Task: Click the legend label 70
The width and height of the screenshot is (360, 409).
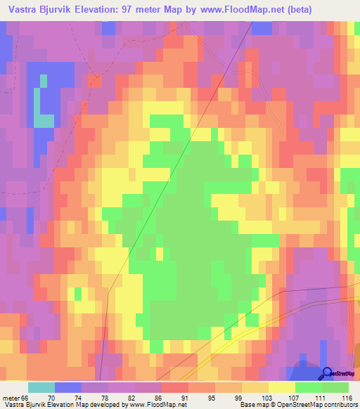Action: pos(49,398)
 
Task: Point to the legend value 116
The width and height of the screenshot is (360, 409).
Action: pos(347,398)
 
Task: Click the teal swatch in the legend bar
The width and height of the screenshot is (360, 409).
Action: pos(41,387)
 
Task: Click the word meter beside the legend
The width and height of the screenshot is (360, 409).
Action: pos(10,398)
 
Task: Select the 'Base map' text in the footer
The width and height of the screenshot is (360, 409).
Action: pos(252,405)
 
